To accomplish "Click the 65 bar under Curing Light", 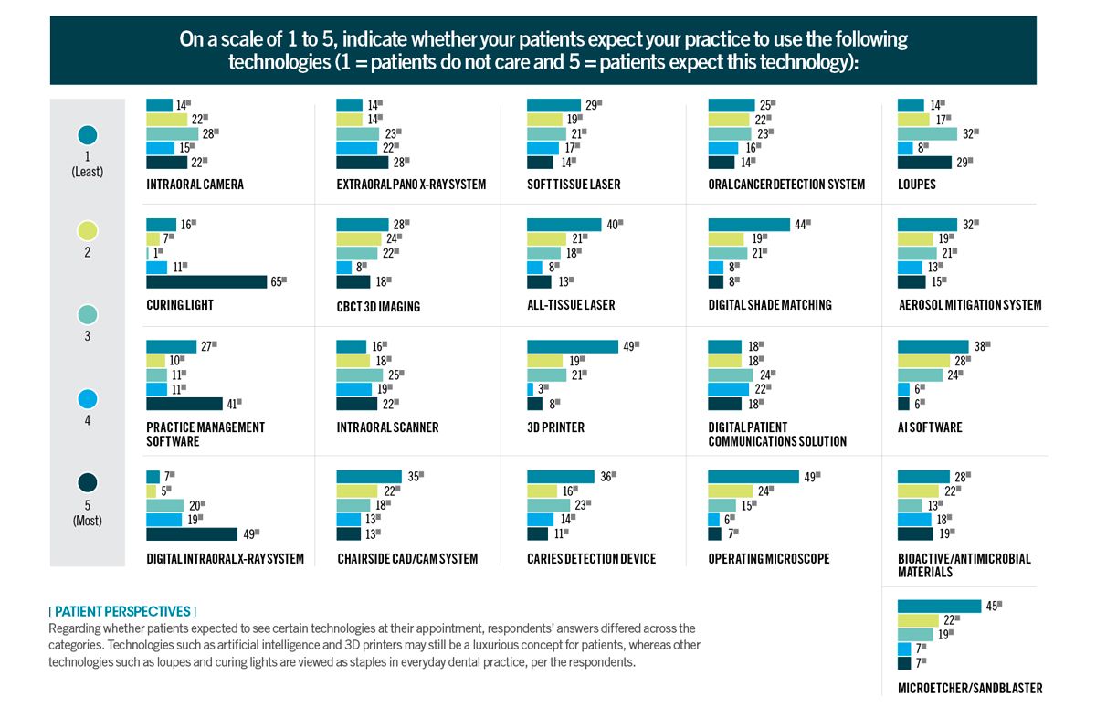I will [209, 282].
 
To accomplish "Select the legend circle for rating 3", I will [88, 315].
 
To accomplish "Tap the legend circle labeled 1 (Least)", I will [88, 135].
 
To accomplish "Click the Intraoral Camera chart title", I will [195, 185].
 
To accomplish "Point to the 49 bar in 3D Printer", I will [572, 346].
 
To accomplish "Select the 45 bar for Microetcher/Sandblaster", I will [939, 606].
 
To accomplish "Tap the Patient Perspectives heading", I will [121, 611].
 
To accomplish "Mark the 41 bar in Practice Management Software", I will [184, 404].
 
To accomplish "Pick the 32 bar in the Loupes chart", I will [927, 133].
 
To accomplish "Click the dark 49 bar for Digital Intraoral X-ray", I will [191, 534].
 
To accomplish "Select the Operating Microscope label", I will [768, 558].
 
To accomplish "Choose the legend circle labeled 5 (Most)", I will [88, 482].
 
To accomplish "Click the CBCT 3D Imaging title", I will [378, 307].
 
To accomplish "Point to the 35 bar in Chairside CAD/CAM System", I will [369, 476].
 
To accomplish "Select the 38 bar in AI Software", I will [933, 346].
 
